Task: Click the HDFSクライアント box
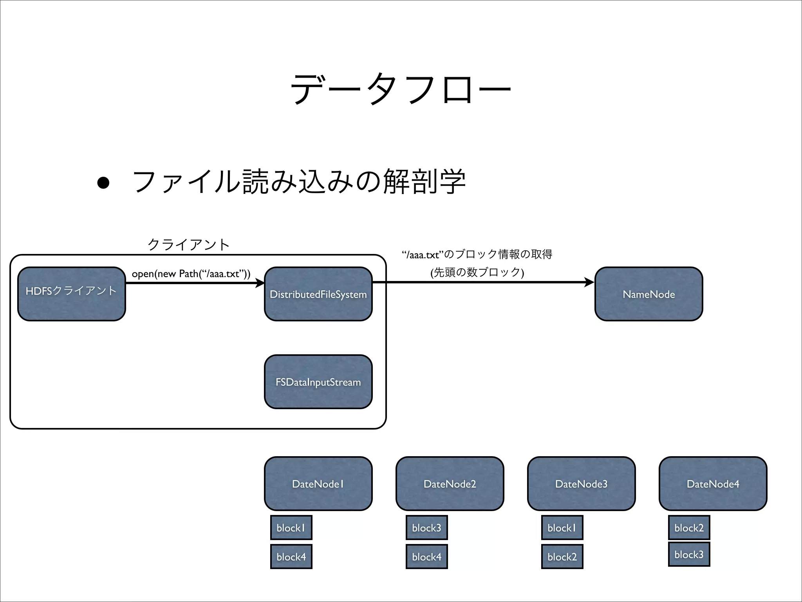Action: (72, 294)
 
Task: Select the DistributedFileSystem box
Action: (318, 294)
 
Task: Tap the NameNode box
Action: (648, 294)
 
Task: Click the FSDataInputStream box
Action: (318, 382)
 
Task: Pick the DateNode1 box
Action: (318, 484)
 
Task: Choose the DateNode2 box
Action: (450, 484)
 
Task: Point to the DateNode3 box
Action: (581, 484)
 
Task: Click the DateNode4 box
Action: (713, 484)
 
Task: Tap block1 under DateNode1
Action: (291, 528)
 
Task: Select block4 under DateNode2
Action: (426, 557)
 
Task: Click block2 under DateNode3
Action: (562, 557)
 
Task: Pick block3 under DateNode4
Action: (689, 554)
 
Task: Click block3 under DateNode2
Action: (426, 528)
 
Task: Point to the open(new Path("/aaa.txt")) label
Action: (191, 274)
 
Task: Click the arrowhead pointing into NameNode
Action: (589, 282)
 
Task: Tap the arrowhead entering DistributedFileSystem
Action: (260, 283)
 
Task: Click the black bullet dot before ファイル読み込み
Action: (103, 183)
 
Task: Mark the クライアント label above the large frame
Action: (188, 245)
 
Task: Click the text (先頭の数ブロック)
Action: (477, 272)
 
